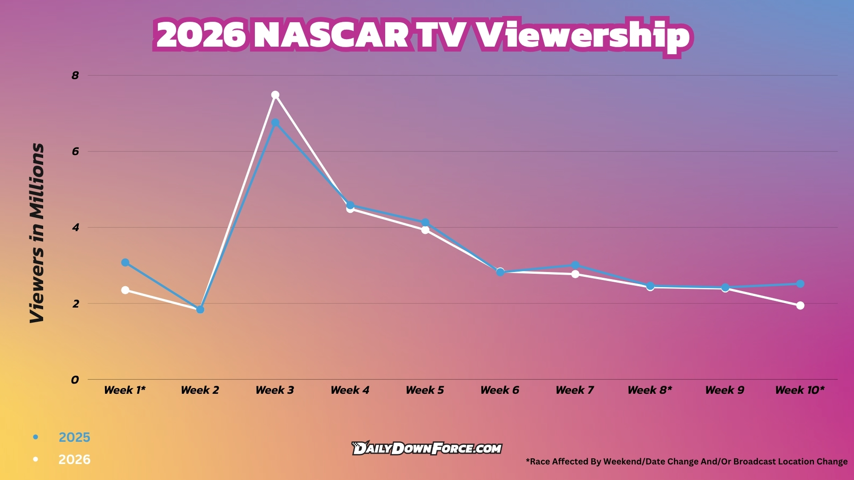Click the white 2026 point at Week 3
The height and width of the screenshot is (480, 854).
point(275,95)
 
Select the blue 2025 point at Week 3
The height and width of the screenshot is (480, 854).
point(275,123)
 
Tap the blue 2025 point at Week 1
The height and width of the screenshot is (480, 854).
point(125,263)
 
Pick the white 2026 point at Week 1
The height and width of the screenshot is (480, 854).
point(125,290)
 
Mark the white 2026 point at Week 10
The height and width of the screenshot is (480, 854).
point(800,306)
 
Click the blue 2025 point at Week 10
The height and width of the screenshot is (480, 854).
point(800,284)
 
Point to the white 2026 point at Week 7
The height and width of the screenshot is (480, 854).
point(575,274)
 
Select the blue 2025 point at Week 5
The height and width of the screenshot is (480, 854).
point(425,222)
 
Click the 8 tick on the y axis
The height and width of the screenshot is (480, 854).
point(75,76)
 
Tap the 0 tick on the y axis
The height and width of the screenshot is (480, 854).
point(75,380)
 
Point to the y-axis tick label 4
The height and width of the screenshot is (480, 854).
point(76,228)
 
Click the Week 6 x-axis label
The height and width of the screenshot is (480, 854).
point(500,390)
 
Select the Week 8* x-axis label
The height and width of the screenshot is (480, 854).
point(649,390)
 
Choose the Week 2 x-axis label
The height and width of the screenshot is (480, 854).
point(200,390)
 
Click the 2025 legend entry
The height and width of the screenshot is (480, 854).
point(74,437)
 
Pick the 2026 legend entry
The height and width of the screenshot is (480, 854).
point(74,460)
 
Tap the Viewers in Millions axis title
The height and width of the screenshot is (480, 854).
point(37,233)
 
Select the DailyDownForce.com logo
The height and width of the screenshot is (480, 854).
point(427,448)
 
